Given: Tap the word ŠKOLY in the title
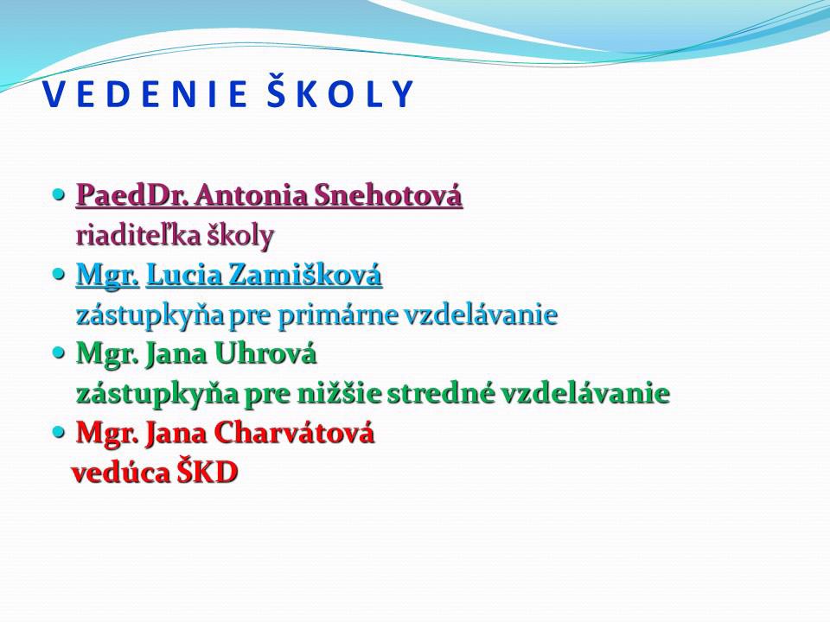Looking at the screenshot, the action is (340, 92).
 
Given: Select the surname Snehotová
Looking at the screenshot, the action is (388, 195).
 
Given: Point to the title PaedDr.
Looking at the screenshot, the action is (133, 195).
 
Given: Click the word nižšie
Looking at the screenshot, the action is (338, 393).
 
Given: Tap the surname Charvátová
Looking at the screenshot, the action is (294, 433).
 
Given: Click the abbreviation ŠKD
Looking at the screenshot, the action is (207, 472).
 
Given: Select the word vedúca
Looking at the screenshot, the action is (121, 473).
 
